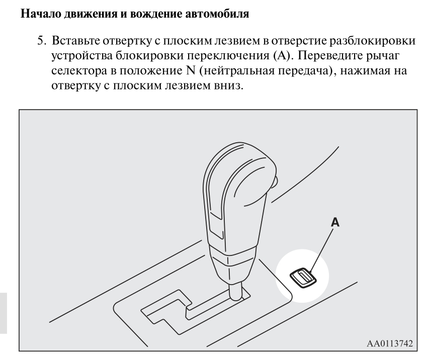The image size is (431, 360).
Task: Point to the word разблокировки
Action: [373, 41]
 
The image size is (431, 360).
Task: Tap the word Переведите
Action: [330, 56]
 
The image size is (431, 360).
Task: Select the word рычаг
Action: [382, 56]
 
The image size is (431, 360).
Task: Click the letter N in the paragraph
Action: [190, 71]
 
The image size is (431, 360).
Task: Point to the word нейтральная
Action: [236, 71]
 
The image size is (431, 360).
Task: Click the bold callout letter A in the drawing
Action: [335, 222]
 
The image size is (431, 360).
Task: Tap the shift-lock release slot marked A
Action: [303, 278]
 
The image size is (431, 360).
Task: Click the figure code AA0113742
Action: [390, 343]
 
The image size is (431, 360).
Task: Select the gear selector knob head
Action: [239, 193]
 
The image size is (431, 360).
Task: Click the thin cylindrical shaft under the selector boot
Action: [235, 291]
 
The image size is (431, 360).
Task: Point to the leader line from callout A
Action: [321, 250]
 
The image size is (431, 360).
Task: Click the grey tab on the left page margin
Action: [4, 313]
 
